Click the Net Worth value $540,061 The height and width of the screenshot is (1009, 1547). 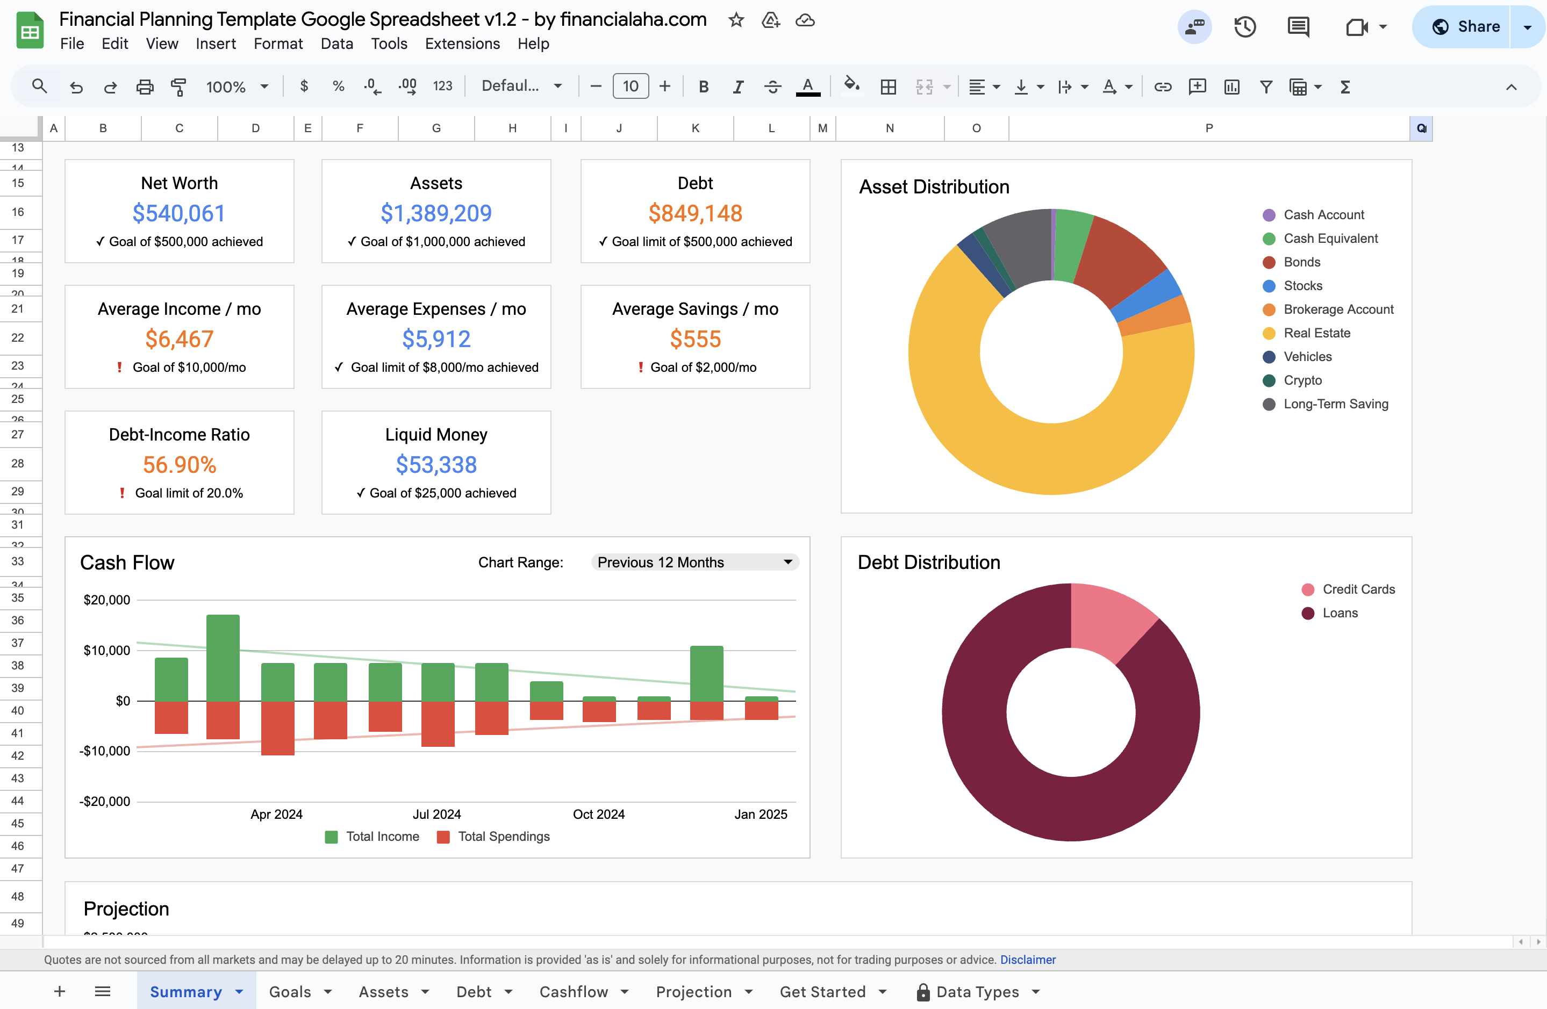(x=179, y=214)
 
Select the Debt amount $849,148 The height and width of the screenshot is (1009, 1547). (x=695, y=214)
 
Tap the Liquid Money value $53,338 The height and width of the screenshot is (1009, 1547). (x=436, y=465)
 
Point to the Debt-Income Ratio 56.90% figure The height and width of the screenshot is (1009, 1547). (x=180, y=465)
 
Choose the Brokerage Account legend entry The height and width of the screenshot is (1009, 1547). (x=1338, y=310)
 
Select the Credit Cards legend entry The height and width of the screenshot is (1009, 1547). (x=1358, y=589)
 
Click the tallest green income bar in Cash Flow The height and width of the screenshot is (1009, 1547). (x=223, y=656)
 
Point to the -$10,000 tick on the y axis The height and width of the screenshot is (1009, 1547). (x=105, y=751)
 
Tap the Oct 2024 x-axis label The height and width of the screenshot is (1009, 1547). (x=598, y=814)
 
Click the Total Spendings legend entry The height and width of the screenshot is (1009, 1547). (x=503, y=837)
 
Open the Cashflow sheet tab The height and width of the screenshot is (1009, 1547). (x=574, y=991)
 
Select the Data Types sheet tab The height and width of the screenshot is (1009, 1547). (x=977, y=991)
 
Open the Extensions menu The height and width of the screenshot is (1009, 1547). (x=462, y=44)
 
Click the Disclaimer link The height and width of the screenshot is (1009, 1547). (x=1027, y=960)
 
